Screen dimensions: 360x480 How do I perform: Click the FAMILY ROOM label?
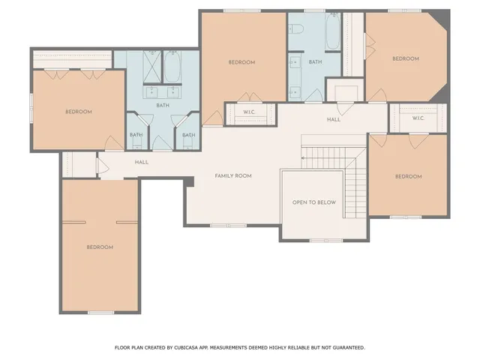tap(233, 175)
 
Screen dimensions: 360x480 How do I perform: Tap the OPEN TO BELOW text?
tap(314, 202)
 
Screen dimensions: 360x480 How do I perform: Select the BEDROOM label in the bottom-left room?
tap(99, 247)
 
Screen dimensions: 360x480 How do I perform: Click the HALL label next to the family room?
tap(141, 162)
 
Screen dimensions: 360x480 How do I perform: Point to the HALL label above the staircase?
tap(334, 119)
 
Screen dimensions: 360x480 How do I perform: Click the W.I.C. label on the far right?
tap(418, 118)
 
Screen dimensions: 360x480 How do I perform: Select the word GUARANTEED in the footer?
tap(345, 347)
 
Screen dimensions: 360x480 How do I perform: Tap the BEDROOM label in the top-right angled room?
tap(406, 58)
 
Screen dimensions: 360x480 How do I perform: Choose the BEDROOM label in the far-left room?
tap(78, 112)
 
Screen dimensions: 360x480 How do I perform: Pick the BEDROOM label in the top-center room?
tap(241, 61)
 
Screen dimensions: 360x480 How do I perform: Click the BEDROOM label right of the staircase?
tap(408, 176)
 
